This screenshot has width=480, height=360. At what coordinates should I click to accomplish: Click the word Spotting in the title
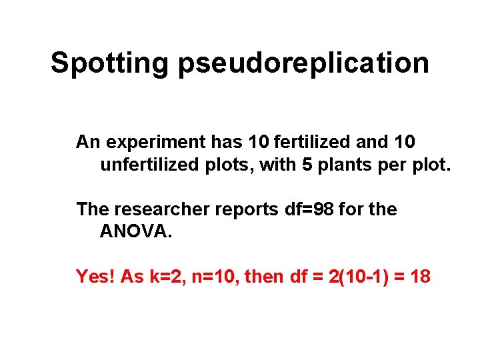tap(110, 63)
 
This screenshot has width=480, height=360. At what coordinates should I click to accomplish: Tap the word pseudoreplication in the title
tap(303, 63)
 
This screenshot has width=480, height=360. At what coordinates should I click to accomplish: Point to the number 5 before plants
tap(307, 164)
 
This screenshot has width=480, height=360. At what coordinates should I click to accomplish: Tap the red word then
tap(264, 276)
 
